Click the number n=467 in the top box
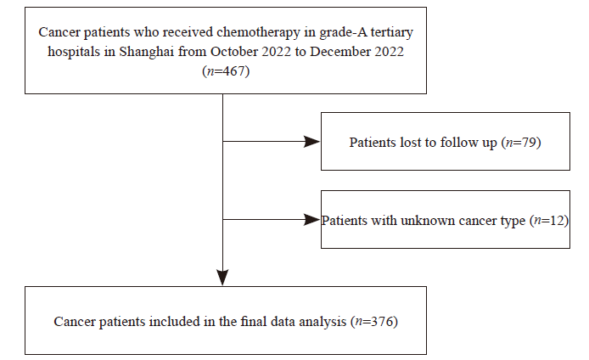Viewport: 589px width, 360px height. pyautogui.click(x=226, y=71)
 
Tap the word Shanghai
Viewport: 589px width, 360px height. pyautogui.click(x=147, y=52)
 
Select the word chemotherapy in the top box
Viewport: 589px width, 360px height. pyautogui.click(x=259, y=32)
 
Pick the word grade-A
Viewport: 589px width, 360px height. pyautogui.click(x=343, y=33)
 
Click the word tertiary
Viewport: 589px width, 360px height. pyautogui.click(x=392, y=33)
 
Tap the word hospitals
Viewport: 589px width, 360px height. pyautogui.click(x=74, y=52)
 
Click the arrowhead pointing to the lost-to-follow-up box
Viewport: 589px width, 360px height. pyautogui.click(x=311, y=142)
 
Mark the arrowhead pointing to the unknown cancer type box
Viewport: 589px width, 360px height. pyautogui.click(x=311, y=219)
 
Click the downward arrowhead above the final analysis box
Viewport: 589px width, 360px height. pyautogui.click(x=222, y=278)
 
